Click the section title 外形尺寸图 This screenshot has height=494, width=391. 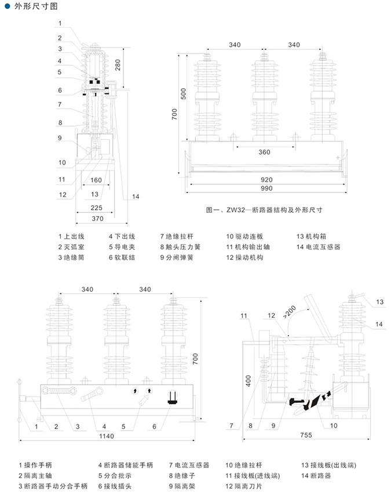pos(36,6)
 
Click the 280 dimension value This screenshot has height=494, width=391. pos(118,65)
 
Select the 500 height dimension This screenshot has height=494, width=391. pos(183,93)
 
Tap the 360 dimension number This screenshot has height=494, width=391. pos(265,152)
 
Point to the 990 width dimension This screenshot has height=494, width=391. pos(266,188)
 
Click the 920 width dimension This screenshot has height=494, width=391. pos(266,180)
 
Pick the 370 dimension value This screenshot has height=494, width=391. pos(97,219)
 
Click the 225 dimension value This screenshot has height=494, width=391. pos(96,208)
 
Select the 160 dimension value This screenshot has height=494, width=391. pos(96,180)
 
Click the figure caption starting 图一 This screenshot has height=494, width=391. pos(264,210)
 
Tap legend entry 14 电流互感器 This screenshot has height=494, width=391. pos(318,247)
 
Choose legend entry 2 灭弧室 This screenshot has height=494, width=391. pos(71,247)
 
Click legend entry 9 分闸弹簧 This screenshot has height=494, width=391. pos(177,257)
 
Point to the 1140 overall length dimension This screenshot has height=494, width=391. pos(107,436)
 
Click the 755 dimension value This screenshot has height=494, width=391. pos(306,435)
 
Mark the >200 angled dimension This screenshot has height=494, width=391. pos(289,311)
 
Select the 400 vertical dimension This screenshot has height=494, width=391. pos(249,381)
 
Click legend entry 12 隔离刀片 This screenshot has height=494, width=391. pos(244,486)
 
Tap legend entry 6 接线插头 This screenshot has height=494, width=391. pos(115,486)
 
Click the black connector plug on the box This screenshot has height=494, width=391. pos(172,397)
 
